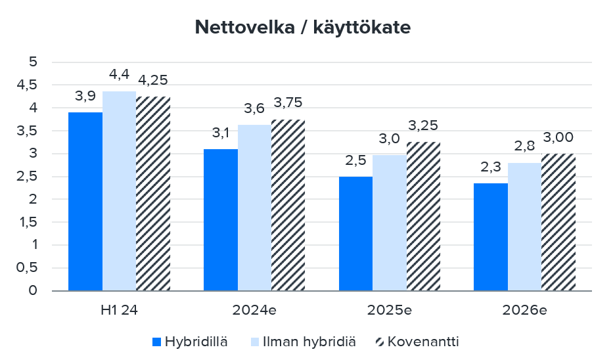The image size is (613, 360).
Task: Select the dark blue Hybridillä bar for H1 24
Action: coord(85,201)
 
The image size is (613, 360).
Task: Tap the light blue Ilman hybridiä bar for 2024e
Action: coord(254,207)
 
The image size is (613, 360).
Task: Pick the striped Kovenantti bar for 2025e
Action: coord(423,216)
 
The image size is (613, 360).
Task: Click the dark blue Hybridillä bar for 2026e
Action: coord(491,236)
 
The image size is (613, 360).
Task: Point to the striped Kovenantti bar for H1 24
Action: coord(153,193)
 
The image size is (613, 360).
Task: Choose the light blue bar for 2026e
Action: coord(524,227)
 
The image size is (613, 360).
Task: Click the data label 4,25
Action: coord(154,80)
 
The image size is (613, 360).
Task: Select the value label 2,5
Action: coord(355,162)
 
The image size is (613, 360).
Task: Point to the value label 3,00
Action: coord(558,137)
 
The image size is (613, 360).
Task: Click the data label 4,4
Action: coord(119,75)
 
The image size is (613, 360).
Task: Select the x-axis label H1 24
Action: coord(119,309)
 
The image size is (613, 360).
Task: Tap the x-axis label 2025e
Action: coord(389,309)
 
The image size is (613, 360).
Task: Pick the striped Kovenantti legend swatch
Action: coord(379,342)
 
